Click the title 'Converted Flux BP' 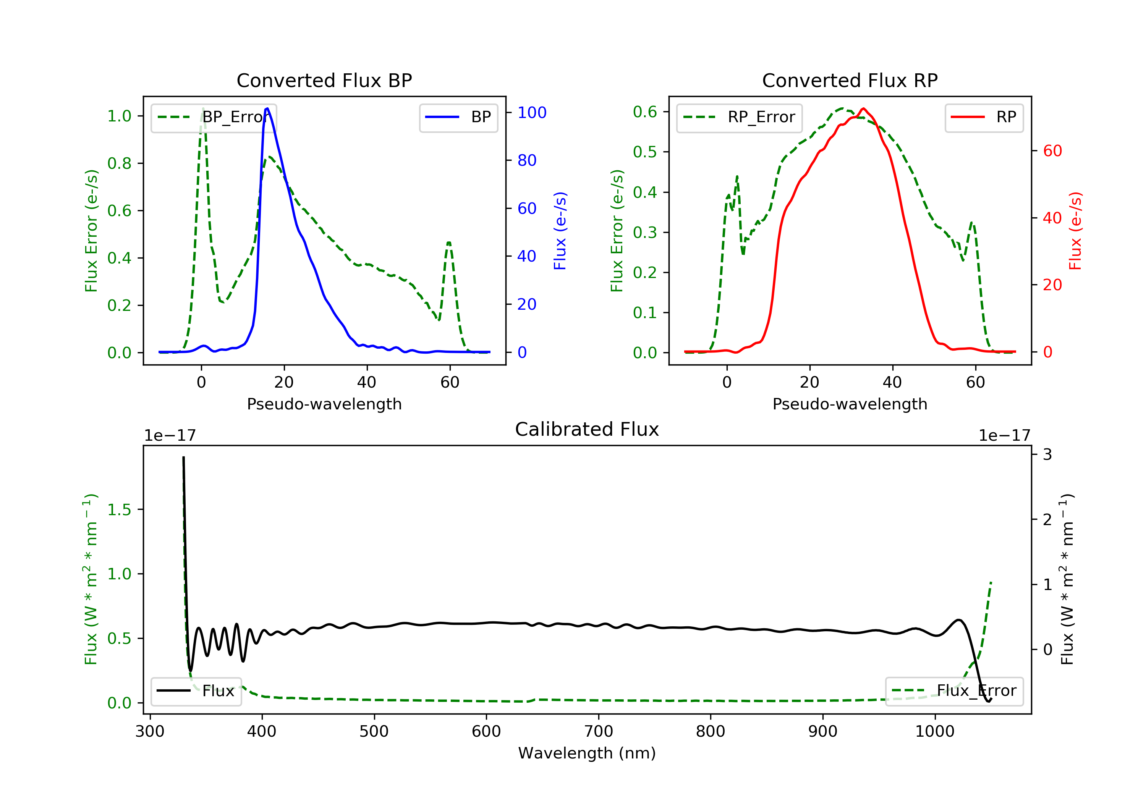click(x=324, y=80)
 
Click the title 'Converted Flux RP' click(x=850, y=80)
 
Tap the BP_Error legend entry click(x=214, y=117)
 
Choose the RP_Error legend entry click(x=739, y=117)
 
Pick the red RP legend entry click(x=984, y=117)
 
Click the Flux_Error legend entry click(x=954, y=691)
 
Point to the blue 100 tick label click(x=532, y=113)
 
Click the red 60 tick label click(x=1052, y=151)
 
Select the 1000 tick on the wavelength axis click(x=934, y=732)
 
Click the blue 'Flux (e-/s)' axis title click(x=560, y=231)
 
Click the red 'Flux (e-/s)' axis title click(x=1075, y=231)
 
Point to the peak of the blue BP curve click(x=267, y=108)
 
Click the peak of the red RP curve click(x=863, y=108)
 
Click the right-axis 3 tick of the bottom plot click(x=1047, y=454)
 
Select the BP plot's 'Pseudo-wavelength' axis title click(x=324, y=404)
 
